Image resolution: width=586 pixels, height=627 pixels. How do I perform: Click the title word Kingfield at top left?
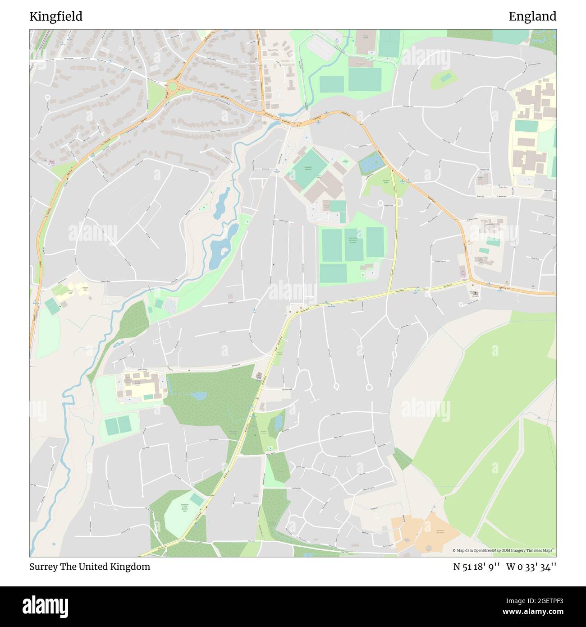pos(56,17)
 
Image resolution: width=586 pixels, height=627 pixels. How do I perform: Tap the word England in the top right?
pos(532,17)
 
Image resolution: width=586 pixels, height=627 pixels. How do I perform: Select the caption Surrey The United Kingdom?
pos(90,567)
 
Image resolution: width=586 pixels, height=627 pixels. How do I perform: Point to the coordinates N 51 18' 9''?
pos(476,567)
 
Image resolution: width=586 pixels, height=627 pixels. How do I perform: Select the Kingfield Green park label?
pos(385,182)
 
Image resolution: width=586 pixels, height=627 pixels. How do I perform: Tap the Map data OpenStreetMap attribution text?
pos(503,550)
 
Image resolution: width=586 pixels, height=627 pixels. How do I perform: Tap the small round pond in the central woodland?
pos(198,396)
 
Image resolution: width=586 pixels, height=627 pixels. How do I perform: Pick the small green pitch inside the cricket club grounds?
pos(197,499)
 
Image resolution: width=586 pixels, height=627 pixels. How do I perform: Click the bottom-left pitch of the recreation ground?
pos(333,273)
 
